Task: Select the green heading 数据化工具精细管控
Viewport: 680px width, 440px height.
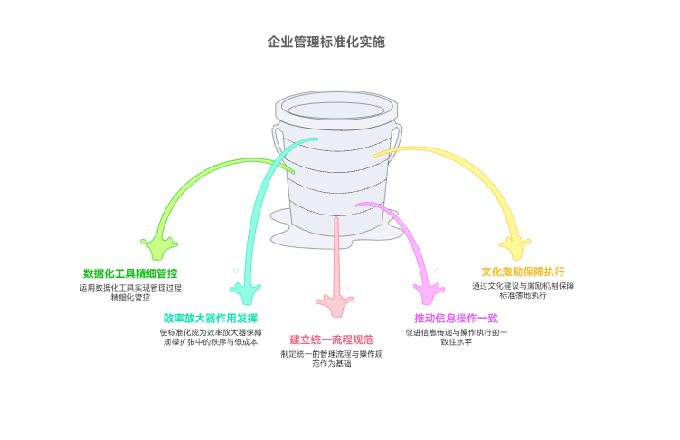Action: [x=130, y=273]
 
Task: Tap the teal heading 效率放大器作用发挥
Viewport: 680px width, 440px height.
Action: [x=210, y=319]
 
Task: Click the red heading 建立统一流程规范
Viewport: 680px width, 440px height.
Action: [x=331, y=340]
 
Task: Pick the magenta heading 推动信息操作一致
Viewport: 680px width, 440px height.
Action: [x=457, y=318]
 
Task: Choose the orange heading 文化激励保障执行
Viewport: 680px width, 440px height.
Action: [x=523, y=272]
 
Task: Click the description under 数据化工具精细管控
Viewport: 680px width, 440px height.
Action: [x=130, y=292]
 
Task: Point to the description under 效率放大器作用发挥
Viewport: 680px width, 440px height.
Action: [x=210, y=338]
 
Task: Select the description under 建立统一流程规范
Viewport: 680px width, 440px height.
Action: [x=331, y=359]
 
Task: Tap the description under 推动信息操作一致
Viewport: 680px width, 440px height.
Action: [x=457, y=338]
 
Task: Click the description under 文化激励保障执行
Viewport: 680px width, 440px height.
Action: [x=523, y=291]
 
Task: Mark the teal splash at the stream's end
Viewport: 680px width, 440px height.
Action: [x=244, y=292]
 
